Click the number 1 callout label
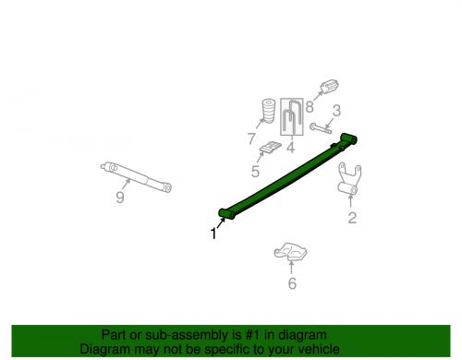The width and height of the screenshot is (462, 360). (213, 234)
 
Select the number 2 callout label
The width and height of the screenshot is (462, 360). (351, 218)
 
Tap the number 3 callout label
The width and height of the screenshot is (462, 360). (336, 111)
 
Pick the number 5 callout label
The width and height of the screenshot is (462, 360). (255, 170)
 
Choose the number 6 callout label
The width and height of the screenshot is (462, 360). (292, 283)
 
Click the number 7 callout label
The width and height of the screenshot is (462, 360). (250, 138)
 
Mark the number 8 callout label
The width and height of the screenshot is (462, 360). (309, 106)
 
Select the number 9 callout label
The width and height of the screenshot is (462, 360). (119, 197)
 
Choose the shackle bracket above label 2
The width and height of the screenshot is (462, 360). (350, 181)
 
